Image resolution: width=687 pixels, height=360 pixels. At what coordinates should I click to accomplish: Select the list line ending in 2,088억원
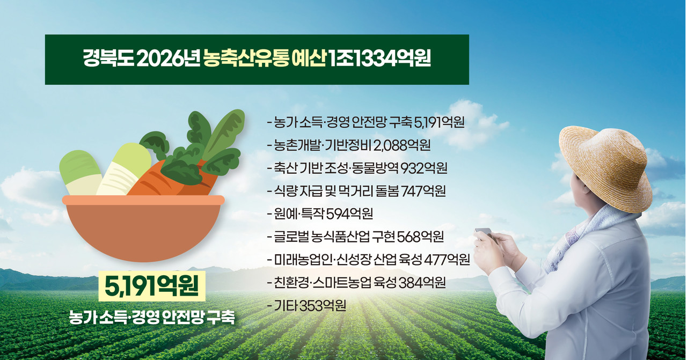coord(348,145)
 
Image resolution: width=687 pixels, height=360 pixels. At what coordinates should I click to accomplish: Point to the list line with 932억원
coord(357,168)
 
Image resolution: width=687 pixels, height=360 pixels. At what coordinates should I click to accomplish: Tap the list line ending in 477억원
coord(368,260)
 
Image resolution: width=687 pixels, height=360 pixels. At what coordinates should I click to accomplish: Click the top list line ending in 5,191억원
coord(366,122)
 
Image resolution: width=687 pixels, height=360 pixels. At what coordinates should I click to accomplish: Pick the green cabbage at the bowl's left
coord(81,173)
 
